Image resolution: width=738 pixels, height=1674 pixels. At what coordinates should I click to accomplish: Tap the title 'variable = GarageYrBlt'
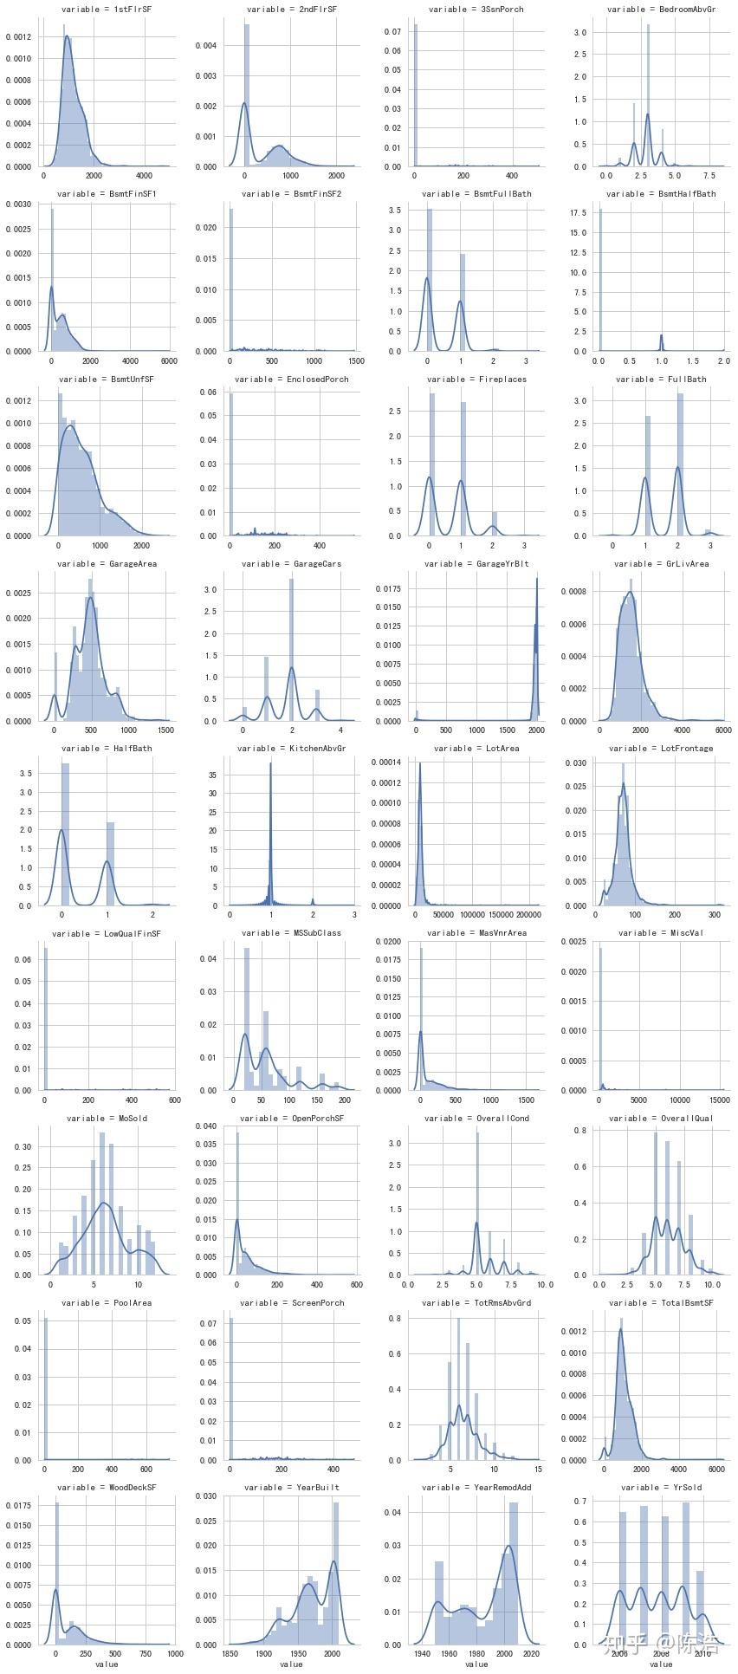[x=476, y=564]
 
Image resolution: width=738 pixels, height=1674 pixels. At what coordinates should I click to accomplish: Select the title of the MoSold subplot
[x=107, y=1119]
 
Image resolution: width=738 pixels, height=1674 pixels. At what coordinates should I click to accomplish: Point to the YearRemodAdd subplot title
[x=476, y=1488]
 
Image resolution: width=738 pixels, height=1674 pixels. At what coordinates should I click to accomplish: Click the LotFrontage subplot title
[x=662, y=749]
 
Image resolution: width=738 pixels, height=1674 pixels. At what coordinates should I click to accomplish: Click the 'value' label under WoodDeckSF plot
[x=107, y=1664]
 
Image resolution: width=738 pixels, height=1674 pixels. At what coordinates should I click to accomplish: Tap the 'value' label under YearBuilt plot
[x=291, y=1664]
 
